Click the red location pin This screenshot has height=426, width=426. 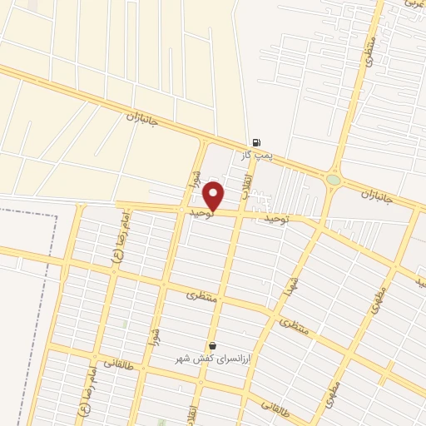point(214,196)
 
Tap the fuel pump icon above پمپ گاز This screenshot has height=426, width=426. point(255,143)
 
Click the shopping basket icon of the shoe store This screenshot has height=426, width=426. point(213,345)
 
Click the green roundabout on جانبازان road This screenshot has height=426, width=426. point(334,179)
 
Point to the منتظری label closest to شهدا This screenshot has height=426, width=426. point(293,328)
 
